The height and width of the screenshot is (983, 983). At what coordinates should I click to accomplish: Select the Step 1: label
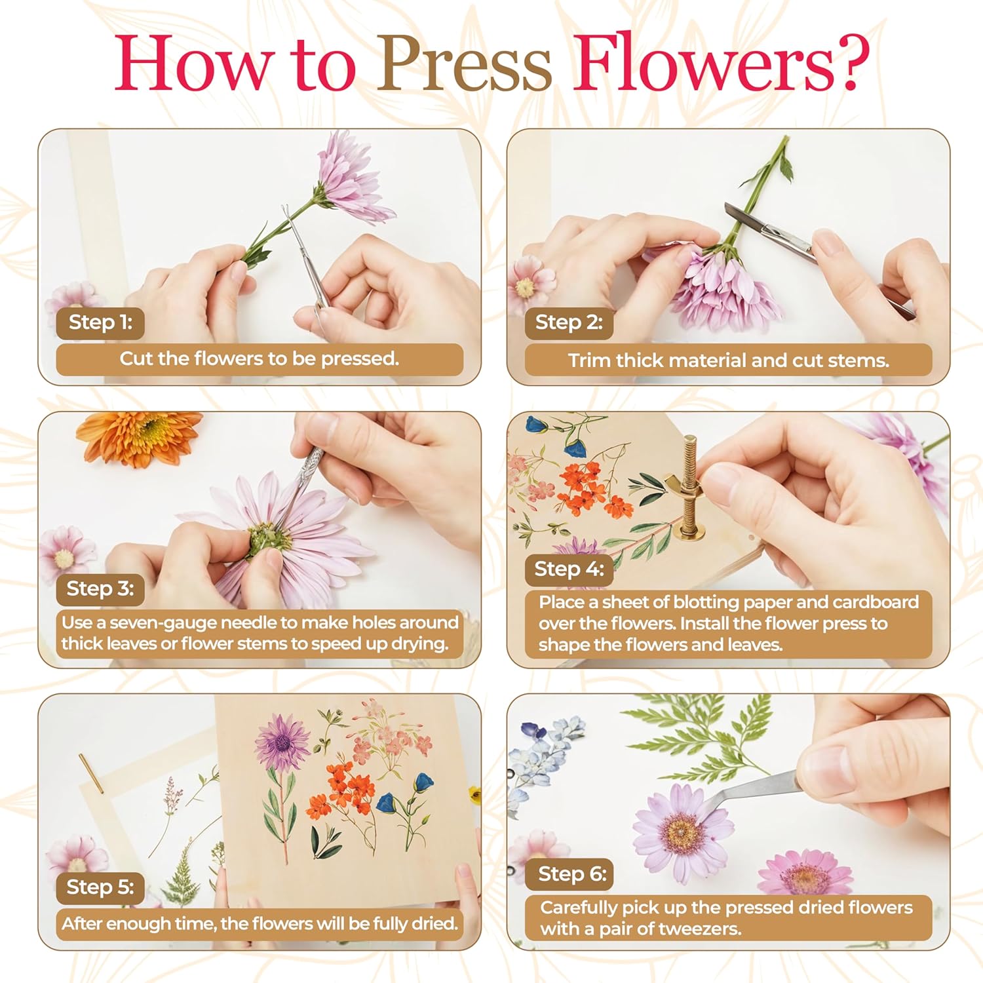point(100,322)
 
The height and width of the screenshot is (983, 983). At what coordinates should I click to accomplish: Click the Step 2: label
point(569,322)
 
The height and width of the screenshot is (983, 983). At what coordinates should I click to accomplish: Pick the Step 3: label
point(100,588)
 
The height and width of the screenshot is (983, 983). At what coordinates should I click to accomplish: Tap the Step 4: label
point(569,569)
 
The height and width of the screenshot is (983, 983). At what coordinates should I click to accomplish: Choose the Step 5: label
point(100,887)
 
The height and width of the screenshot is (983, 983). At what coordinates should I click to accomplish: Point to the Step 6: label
point(572,874)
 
